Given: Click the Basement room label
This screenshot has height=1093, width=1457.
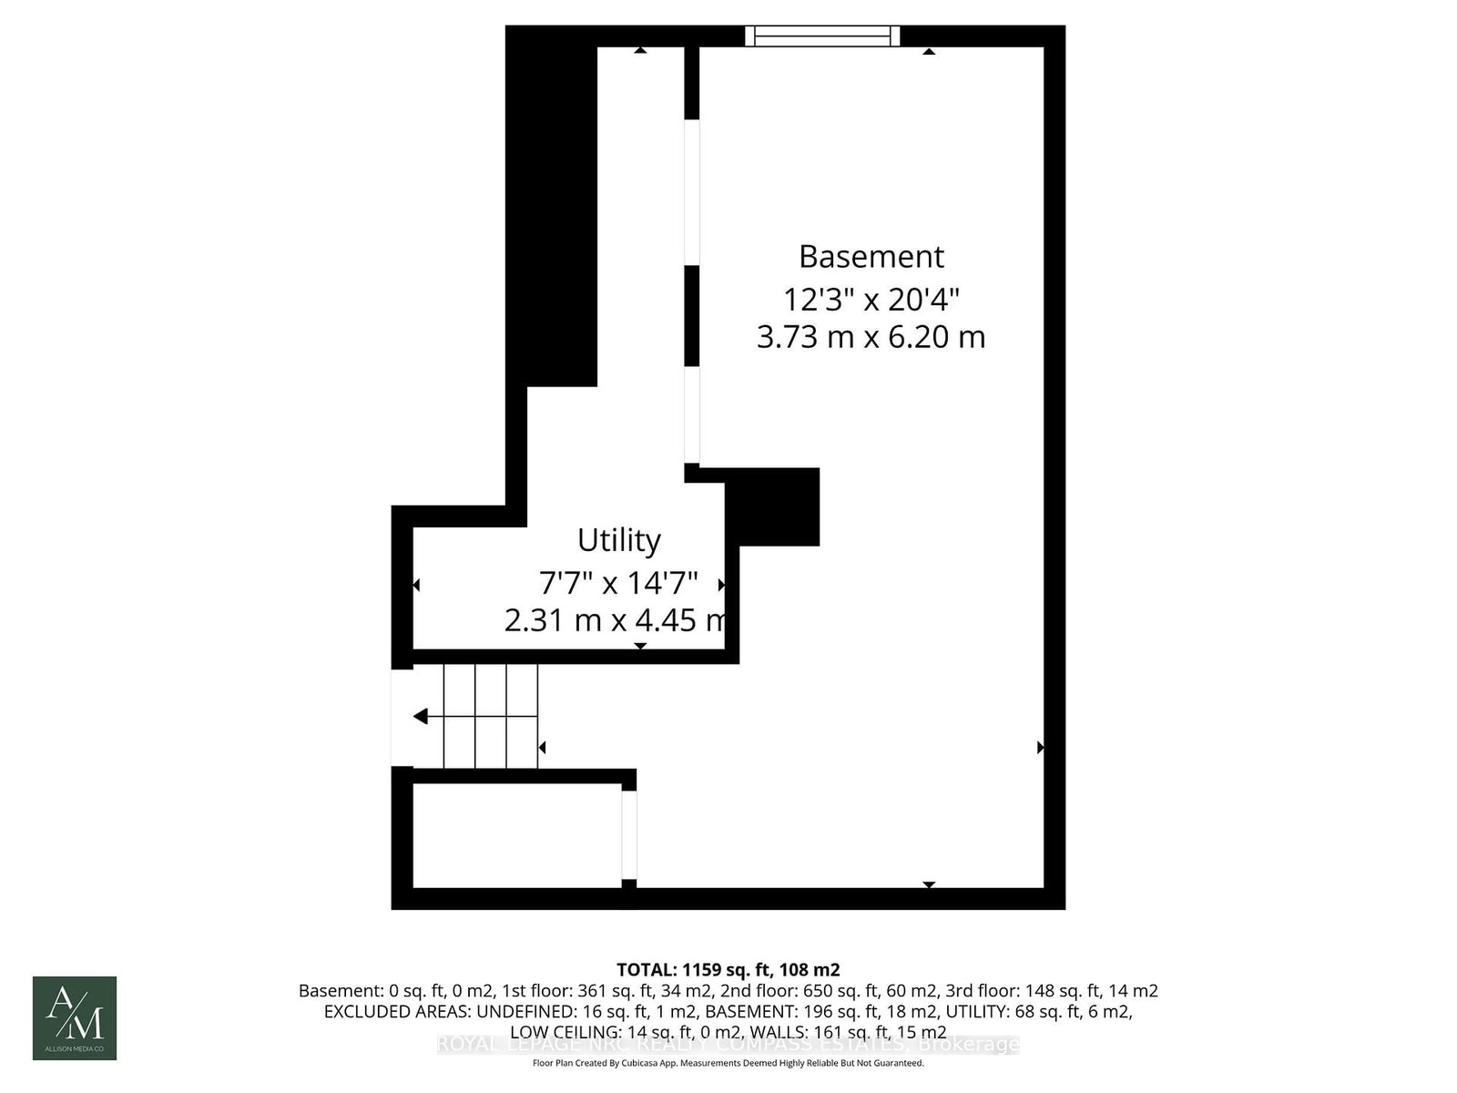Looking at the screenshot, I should coord(871,257).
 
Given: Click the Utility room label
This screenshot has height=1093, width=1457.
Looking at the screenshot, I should coord(618,540).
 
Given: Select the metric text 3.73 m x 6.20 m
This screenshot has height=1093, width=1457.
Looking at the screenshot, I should coord(871,337).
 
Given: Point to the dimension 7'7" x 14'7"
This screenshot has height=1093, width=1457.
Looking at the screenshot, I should coord(618,581).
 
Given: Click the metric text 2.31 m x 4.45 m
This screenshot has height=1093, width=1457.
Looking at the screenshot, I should coord(616,620).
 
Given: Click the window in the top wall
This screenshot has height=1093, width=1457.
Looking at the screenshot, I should coord(822,36).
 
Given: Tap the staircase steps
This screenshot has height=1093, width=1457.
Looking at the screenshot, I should coord(490,716).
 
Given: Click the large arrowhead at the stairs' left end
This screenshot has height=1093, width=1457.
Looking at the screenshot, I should coord(420,717).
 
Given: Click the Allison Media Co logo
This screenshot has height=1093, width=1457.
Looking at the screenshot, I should coord(75,1017).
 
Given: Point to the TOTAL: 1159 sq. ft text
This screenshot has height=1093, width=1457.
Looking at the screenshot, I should coord(728,969).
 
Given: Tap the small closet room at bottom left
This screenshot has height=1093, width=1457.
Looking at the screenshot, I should coord(516,834).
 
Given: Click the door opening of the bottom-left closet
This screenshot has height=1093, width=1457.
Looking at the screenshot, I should coord(628,834).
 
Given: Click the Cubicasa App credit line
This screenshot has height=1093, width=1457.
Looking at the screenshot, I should coord(728,1063).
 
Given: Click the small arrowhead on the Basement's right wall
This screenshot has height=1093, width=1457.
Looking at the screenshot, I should coord(1040,748).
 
